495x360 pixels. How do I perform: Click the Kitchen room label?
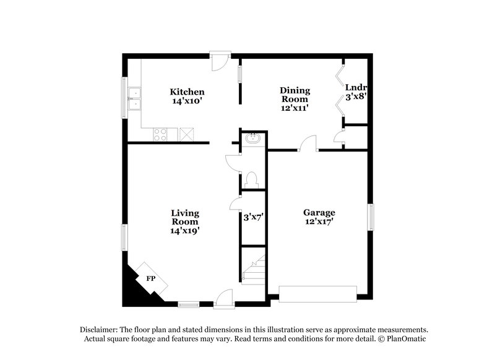click(x=187, y=92)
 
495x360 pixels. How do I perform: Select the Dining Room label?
click(x=295, y=93)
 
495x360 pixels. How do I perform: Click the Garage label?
click(x=319, y=212)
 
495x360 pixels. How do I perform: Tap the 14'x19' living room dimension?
click(x=185, y=230)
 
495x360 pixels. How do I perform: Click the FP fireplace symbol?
click(x=150, y=278)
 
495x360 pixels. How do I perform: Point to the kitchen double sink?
click(x=136, y=99)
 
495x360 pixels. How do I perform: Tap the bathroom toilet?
click(x=252, y=179)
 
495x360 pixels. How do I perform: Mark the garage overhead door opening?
click(x=318, y=293)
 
